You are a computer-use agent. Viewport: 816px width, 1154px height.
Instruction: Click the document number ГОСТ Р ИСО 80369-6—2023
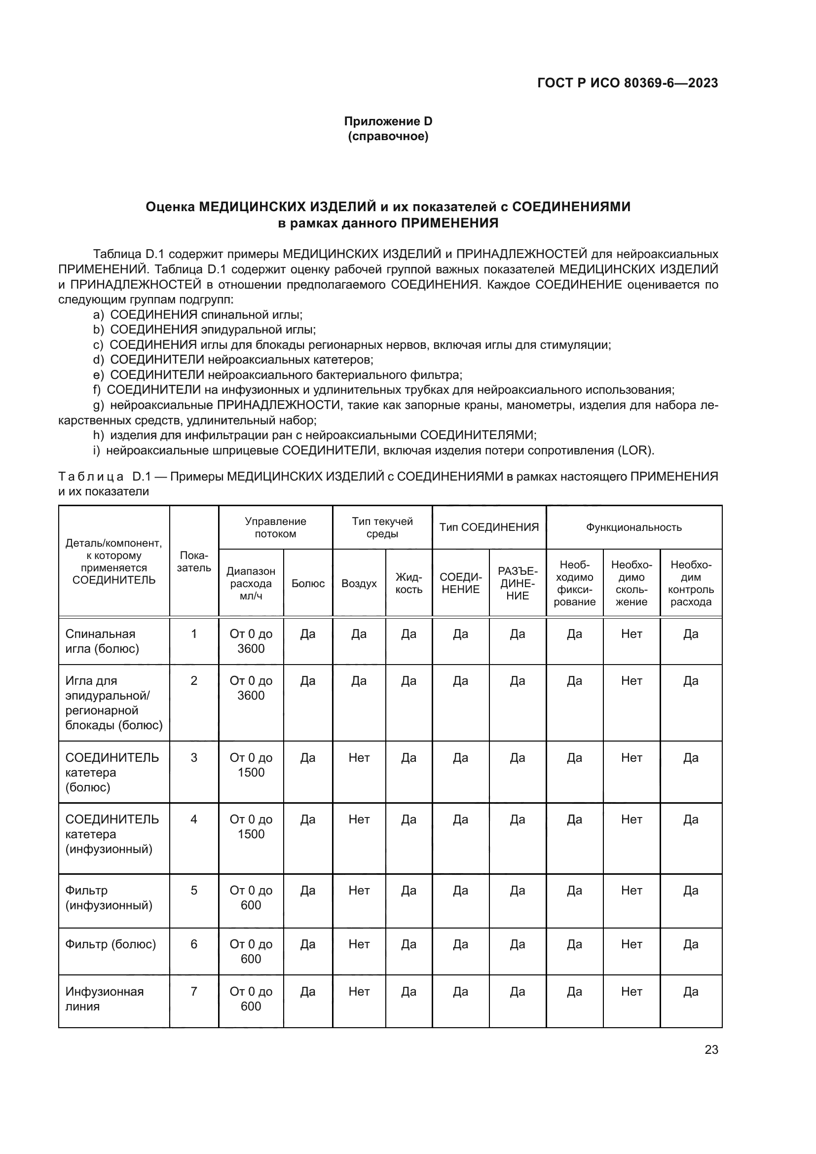click(627, 83)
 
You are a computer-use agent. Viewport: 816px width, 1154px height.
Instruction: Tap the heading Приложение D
click(388, 121)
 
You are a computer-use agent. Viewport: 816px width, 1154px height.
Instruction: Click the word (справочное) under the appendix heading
click(388, 136)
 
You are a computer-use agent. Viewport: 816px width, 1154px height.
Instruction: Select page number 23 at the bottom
click(711, 1049)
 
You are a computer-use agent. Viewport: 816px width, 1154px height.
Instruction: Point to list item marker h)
click(99, 435)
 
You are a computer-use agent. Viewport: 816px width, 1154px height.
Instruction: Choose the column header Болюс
click(308, 583)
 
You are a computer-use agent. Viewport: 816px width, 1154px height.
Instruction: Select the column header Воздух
click(359, 583)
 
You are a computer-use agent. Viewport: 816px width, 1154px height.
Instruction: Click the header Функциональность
click(633, 527)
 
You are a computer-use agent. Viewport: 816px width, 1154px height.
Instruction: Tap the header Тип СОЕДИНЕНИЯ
click(489, 527)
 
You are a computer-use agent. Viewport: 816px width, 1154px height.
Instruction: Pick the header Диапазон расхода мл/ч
click(251, 583)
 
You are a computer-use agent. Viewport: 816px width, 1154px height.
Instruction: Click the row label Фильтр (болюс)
click(111, 944)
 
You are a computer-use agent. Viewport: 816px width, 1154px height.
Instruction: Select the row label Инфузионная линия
click(104, 999)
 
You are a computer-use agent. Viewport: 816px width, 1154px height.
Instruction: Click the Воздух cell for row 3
click(359, 757)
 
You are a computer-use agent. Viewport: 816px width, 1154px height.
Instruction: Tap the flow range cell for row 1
click(251, 641)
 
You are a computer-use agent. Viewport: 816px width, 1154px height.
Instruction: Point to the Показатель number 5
click(194, 890)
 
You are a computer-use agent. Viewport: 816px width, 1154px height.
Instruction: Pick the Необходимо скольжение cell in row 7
click(631, 991)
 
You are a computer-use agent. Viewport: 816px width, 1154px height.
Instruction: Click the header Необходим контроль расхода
click(690, 583)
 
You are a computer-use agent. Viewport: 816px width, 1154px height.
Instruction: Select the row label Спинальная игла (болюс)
click(102, 641)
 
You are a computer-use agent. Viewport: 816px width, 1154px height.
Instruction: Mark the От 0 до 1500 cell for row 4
click(251, 826)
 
